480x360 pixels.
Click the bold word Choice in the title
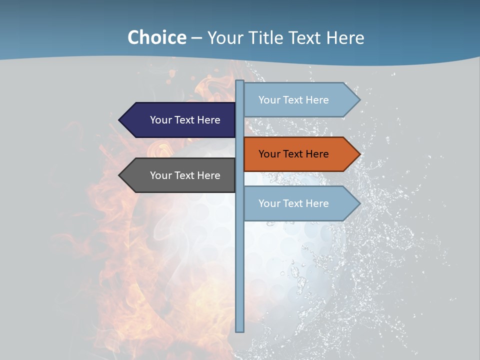(x=156, y=37)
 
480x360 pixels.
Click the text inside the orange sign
(x=293, y=154)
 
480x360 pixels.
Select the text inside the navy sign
(x=185, y=120)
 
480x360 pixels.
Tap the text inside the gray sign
(x=185, y=175)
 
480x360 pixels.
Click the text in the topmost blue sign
(x=293, y=100)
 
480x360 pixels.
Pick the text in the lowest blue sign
(x=293, y=203)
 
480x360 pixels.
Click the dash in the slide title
(x=196, y=38)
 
